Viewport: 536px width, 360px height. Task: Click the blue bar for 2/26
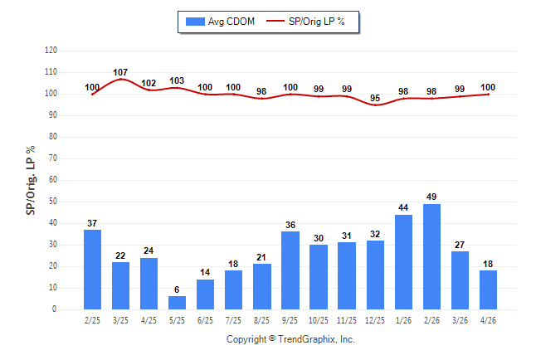[x=431, y=257]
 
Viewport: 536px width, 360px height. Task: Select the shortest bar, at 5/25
[x=177, y=303]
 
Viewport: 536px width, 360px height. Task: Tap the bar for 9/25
[x=290, y=270]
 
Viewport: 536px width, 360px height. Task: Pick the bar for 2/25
[x=92, y=270]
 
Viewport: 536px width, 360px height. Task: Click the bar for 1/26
[x=403, y=262]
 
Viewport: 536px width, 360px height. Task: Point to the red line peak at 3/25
[x=120, y=79]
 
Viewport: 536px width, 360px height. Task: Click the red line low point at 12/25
[x=375, y=105]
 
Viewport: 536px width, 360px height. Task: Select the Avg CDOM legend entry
[x=220, y=22]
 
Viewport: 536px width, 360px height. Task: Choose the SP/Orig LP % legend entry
[x=305, y=22]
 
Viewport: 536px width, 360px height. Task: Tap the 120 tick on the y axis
[x=51, y=51]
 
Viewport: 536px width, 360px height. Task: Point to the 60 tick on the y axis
[x=53, y=179]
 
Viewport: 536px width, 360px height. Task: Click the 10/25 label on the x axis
[x=319, y=320]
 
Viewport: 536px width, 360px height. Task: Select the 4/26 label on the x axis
[x=488, y=320]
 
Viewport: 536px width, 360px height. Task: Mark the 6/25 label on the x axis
[x=205, y=320]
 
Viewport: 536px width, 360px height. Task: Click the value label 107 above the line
[x=120, y=72]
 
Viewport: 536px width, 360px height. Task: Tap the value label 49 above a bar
[x=431, y=197]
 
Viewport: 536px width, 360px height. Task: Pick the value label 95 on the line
[x=375, y=98]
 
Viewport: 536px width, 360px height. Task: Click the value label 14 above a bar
[x=205, y=272]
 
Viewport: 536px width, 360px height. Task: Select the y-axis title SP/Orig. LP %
[x=31, y=180]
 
